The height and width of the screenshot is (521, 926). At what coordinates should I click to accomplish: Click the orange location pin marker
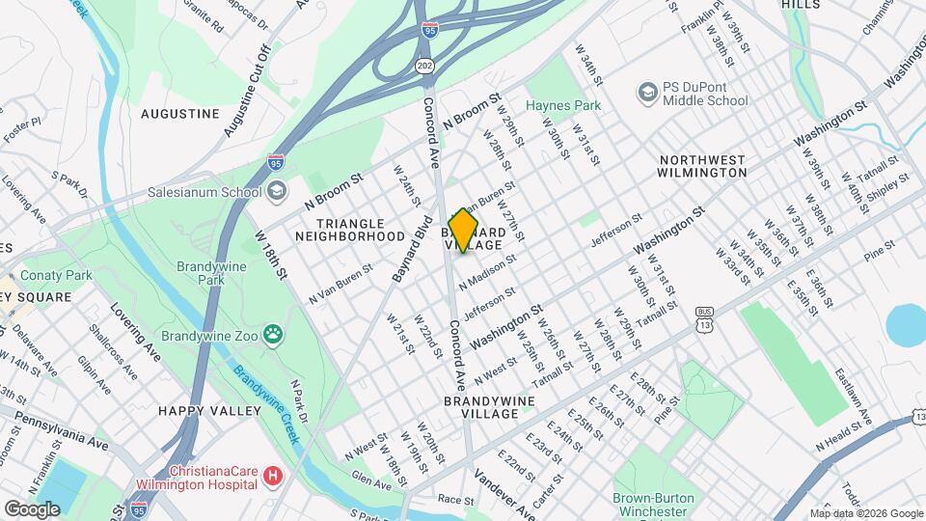464,231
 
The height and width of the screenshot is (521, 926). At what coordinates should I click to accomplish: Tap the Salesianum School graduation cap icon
277,191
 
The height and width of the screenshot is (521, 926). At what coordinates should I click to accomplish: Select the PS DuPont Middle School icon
647,92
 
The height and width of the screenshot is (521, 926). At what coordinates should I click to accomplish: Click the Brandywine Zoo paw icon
275,335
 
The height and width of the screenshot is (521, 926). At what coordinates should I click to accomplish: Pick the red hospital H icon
275,476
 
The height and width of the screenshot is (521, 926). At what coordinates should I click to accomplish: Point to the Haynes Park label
563,105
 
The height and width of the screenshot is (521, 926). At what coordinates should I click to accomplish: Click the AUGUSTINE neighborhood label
180,114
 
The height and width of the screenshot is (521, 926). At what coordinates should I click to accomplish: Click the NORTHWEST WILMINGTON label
702,166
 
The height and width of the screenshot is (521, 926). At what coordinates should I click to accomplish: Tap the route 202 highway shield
425,65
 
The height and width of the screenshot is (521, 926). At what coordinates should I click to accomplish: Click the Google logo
32,508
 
